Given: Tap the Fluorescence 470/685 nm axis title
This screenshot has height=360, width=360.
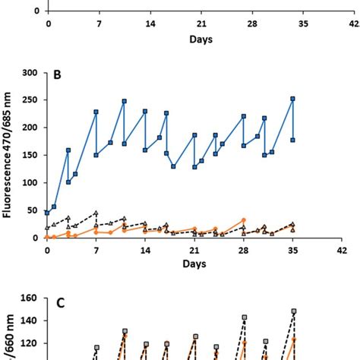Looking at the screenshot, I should (x=9, y=156).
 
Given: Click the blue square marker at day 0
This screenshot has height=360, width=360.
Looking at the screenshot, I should (x=47, y=213).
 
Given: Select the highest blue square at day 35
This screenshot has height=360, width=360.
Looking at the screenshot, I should (x=292, y=99).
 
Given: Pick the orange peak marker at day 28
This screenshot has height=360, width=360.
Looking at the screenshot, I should (x=244, y=220).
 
